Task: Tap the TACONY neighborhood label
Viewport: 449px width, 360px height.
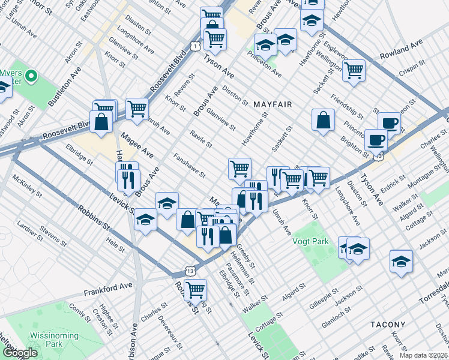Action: (388, 325)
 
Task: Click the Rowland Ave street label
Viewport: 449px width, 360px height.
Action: (402, 50)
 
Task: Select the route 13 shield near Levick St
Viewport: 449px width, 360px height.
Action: (190, 271)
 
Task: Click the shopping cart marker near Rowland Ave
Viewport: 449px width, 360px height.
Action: (354, 70)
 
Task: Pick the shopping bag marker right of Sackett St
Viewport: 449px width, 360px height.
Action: (323, 119)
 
